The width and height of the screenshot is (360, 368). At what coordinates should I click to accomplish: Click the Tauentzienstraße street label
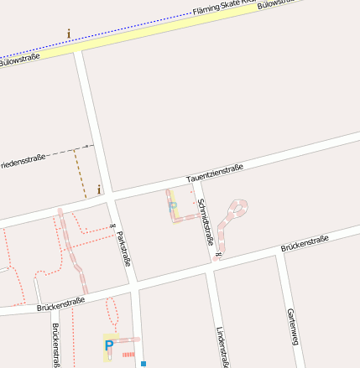(x=215, y=173)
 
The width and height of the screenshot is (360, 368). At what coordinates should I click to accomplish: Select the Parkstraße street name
(x=123, y=248)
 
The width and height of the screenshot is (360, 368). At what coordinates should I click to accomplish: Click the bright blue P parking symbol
(x=109, y=345)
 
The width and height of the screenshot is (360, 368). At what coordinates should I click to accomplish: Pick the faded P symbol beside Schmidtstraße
(x=173, y=205)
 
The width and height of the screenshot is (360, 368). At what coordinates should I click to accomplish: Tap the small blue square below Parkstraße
(x=143, y=364)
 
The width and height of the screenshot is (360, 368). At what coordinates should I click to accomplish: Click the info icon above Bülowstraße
(x=69, y=34)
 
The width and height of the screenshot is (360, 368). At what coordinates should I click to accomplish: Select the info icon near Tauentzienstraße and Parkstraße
(x=99, y=189)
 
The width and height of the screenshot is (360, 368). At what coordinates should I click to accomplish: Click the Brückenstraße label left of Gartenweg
(x=304, y=244)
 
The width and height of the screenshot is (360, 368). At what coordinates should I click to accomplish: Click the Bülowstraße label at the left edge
(x=18, y=60)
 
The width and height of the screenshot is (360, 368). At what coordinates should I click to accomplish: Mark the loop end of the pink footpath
(x=240, y=207)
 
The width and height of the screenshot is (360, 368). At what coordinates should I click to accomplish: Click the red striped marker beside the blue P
(x=128, y=355)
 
